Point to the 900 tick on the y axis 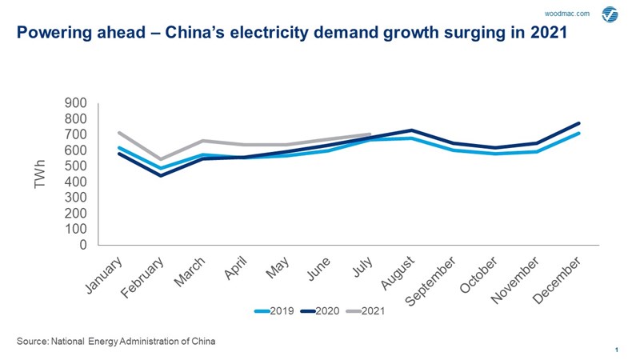(x=78, y=103)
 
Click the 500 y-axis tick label (x=78, y=166)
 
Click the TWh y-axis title (x=41, y=174)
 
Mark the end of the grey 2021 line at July (x=370, y=134)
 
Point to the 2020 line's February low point (x=162, y=175)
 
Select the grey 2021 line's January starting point (x=118, y=133)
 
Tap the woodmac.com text (x=566, y=14)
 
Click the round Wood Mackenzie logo (x=610, y=14)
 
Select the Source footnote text (x=116, y=341)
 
